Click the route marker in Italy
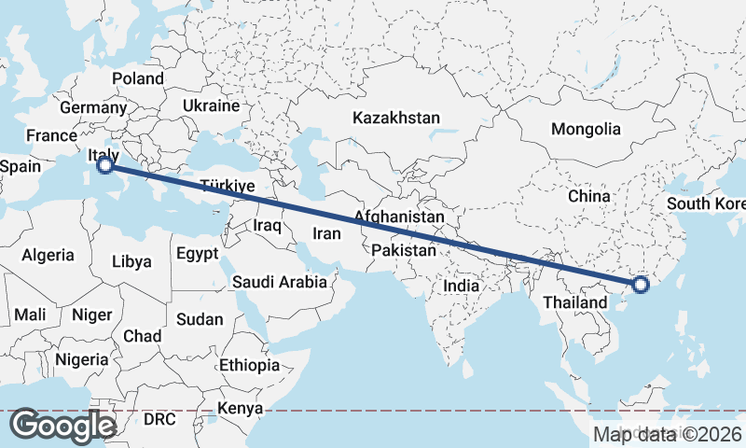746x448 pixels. point(105,165)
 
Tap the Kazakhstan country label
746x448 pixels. point(395,118)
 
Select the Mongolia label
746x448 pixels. point(585,129)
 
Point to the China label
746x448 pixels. point(588,196)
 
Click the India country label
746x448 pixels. point(461,286)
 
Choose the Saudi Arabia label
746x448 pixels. point(280,281)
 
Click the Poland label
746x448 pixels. point(137,78)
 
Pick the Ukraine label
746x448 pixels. point(211,105)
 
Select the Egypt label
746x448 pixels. point(197,253)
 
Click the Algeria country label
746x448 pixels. point(48,255)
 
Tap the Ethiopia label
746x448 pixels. point(249,365)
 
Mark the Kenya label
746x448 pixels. point(240,408)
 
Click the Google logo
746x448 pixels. point(62,426)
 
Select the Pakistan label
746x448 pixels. point(403,251)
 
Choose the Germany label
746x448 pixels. point(86,107)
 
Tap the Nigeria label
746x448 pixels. point(82,359)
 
